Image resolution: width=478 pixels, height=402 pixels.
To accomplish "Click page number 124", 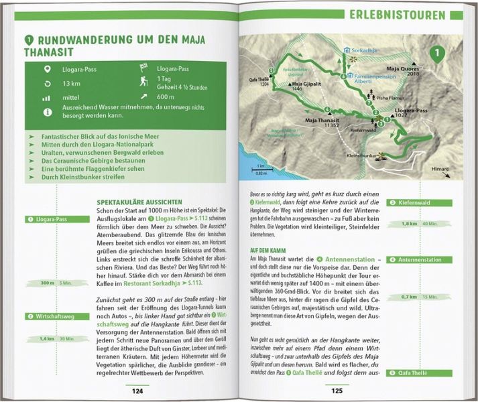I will point(137,391).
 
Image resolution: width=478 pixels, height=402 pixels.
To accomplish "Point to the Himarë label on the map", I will point(440,170).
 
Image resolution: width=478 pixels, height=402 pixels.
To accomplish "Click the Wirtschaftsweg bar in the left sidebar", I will point(51,316).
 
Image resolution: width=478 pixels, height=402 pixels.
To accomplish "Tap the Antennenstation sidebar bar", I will point(420,259).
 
